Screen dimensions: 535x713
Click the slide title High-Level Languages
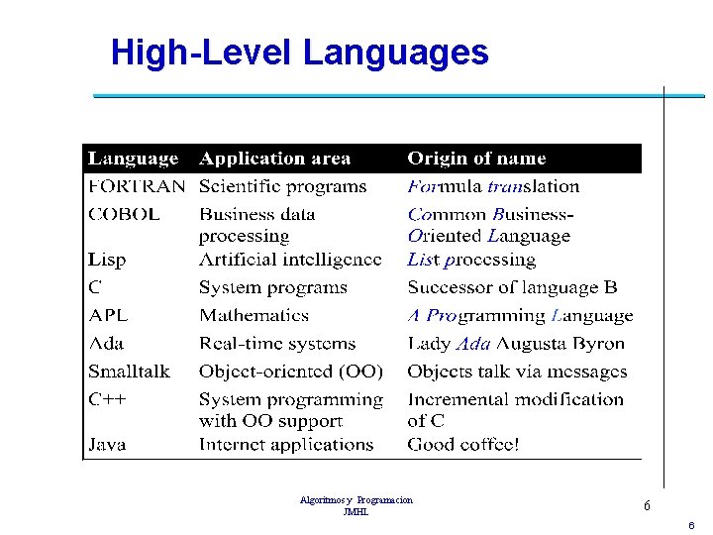coord(299,53)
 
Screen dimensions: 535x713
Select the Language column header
coord(133,159)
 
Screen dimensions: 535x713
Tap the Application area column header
coord(275,159)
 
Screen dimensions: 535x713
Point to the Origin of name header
coord(476,159)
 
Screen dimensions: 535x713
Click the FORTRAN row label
coord(136,186)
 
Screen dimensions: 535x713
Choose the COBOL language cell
coord(124,214)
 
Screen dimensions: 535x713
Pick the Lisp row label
coord(107,260)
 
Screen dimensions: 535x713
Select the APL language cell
coord(108,316)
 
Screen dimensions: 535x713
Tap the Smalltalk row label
coord(129,372)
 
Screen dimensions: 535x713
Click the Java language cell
coord(107,445)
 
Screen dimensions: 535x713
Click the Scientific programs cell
coord(282,186)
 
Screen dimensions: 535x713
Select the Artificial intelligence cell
coord(289,260)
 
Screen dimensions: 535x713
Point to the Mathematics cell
coord(254,316)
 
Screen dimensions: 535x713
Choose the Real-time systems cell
coord(276,344)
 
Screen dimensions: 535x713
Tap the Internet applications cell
coord(285,445)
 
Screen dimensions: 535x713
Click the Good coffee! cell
coord(462,445)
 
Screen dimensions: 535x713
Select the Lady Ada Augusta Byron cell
coord(516,344)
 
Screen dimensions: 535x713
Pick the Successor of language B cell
coord(512,288)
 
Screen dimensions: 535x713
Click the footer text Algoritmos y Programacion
coord(356,501)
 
